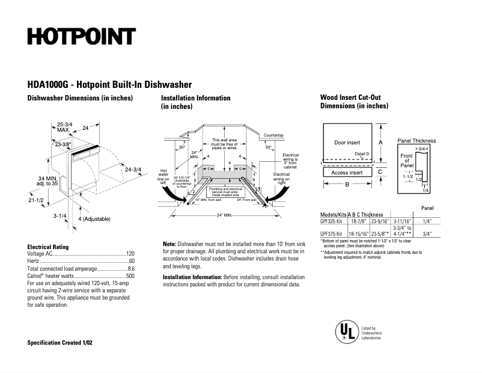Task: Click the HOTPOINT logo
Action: coord(81,37)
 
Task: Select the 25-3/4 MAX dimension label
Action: coord(65,127)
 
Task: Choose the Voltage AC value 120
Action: coord(130,254)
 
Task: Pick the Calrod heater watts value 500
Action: coord(130,276)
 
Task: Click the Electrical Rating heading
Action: coord(48,247)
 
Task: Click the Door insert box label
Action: coord(347,143)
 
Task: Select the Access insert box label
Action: coord(347,173)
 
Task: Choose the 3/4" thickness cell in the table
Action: coord(428,235)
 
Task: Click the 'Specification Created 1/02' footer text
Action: coord(60,342)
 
